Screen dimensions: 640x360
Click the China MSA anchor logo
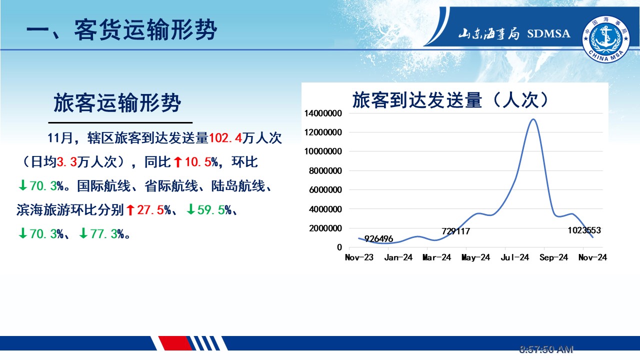coord(606,39)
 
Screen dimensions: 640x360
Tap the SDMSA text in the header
coord(548,33)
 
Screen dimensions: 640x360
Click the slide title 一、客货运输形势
coord(121,30)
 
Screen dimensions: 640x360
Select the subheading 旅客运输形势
coord(117,102)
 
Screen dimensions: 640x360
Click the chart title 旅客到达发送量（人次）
coord(450,99)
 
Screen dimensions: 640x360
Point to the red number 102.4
coord(225,138)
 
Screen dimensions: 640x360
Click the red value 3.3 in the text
coord(67,162)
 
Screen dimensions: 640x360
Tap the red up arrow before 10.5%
coord(177,162)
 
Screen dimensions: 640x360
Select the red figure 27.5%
coord(154,210)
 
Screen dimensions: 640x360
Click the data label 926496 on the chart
coord(379,238)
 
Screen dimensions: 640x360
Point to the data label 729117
coord(455,231)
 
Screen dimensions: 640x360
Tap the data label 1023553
coord(584,230)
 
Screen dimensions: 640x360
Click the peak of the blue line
coord(533,119)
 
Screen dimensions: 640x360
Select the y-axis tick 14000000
coord(323,113)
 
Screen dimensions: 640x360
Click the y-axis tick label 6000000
coord(325,190)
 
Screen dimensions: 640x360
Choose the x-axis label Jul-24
coord(515,257)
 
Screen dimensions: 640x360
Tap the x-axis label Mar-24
coord(436,257)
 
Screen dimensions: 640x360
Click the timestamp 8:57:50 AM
coord(546,349)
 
